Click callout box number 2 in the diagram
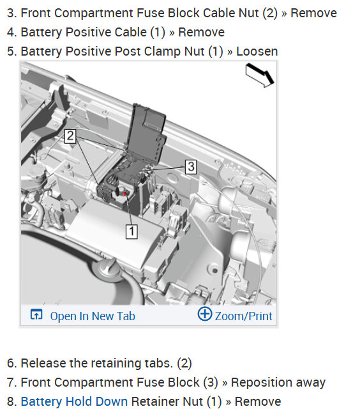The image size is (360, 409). pos(70,136)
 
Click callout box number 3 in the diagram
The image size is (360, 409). pos(191,167)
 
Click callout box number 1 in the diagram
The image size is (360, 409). pos(131,231)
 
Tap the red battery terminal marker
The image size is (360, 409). pos(124,194)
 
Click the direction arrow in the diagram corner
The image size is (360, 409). pos(260,75)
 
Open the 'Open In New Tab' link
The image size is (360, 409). pos(93,316)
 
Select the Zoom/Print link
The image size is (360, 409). pos(243,316)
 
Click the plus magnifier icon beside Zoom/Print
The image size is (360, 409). pos(205,314)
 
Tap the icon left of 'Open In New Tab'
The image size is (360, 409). pos(36,314)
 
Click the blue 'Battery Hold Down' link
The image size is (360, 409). pos(74,401)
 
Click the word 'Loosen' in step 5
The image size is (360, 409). pos(257,51)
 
